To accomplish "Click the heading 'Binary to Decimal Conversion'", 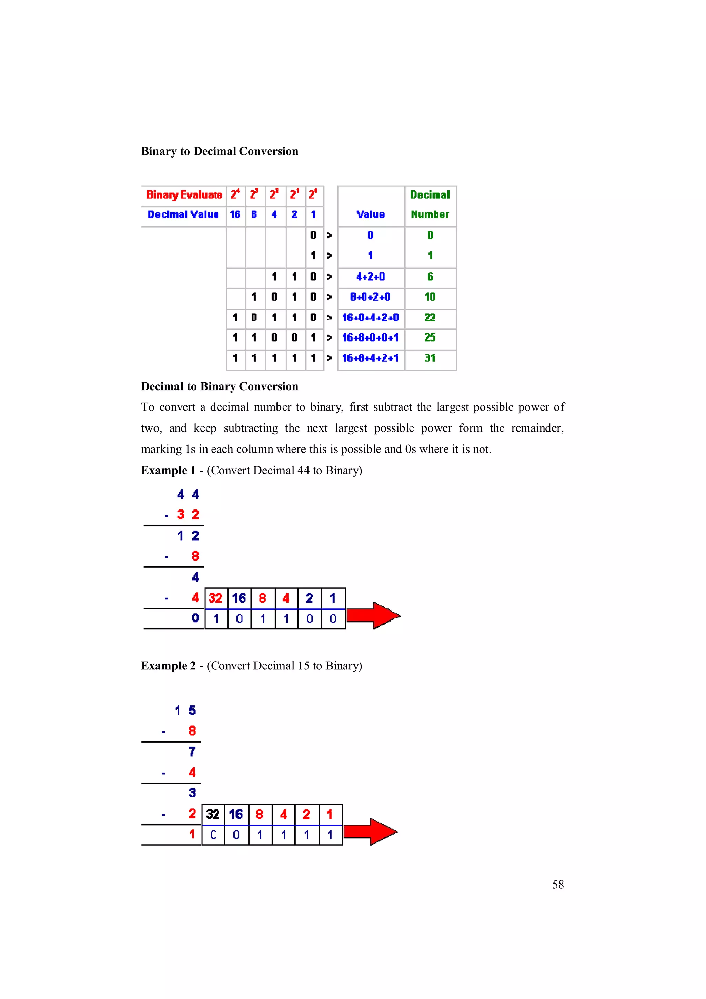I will click(219, 151).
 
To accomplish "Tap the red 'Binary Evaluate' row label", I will click(184, 194).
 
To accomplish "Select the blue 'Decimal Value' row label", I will click(183, 214).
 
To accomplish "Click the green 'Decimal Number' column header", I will click(430, 204).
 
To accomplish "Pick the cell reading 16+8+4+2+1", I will click(370, 358).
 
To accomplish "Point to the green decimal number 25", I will click(430, 337).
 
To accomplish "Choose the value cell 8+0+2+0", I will click(370, 297).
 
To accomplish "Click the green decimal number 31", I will click(430, 358).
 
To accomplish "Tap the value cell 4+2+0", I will click(370, 277).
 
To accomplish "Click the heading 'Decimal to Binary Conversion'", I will click(219, 386).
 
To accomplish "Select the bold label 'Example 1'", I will click(168, 470).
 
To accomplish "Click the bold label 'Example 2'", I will click(168, 666).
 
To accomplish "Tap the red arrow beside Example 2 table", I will click(370, 831).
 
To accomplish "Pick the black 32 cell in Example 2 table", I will click(213, 814).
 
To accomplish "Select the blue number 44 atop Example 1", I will click(188, 494).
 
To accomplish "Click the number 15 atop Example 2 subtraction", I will click(185, 710).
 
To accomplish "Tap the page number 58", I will click(558, 885).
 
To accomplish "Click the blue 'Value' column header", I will click(370, 214).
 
